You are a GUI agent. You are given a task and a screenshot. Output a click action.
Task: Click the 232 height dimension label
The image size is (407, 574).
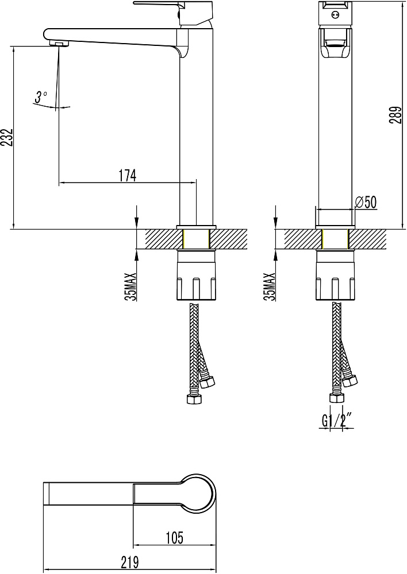pos(7,138)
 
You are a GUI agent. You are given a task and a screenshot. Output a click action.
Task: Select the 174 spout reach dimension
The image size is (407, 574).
pos(127,175)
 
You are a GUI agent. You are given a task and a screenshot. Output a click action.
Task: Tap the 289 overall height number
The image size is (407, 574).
pos(396,115)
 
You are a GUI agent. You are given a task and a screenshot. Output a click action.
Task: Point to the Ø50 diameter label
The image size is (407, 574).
pos(366,201)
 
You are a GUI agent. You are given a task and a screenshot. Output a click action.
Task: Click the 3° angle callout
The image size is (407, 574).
pos(41,97)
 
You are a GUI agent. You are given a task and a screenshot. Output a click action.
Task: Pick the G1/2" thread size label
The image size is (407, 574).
pos(337,420)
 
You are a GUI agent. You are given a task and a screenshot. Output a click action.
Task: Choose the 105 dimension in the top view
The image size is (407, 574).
pos(174,538)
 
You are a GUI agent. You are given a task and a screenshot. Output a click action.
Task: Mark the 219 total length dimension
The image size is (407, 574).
pos(129,562)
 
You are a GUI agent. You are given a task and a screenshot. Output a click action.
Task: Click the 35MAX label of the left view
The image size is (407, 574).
pos(131,287)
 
